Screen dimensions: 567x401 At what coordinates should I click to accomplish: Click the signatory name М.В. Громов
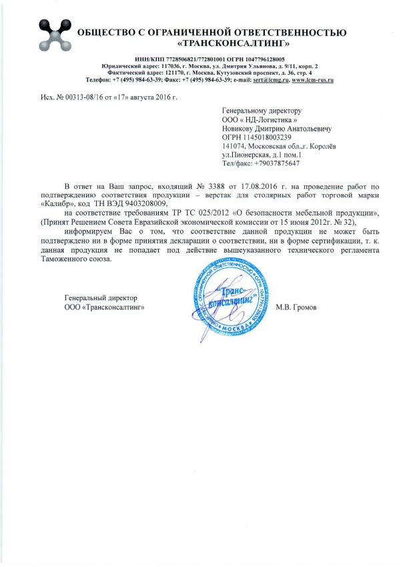tap(297, 307)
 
